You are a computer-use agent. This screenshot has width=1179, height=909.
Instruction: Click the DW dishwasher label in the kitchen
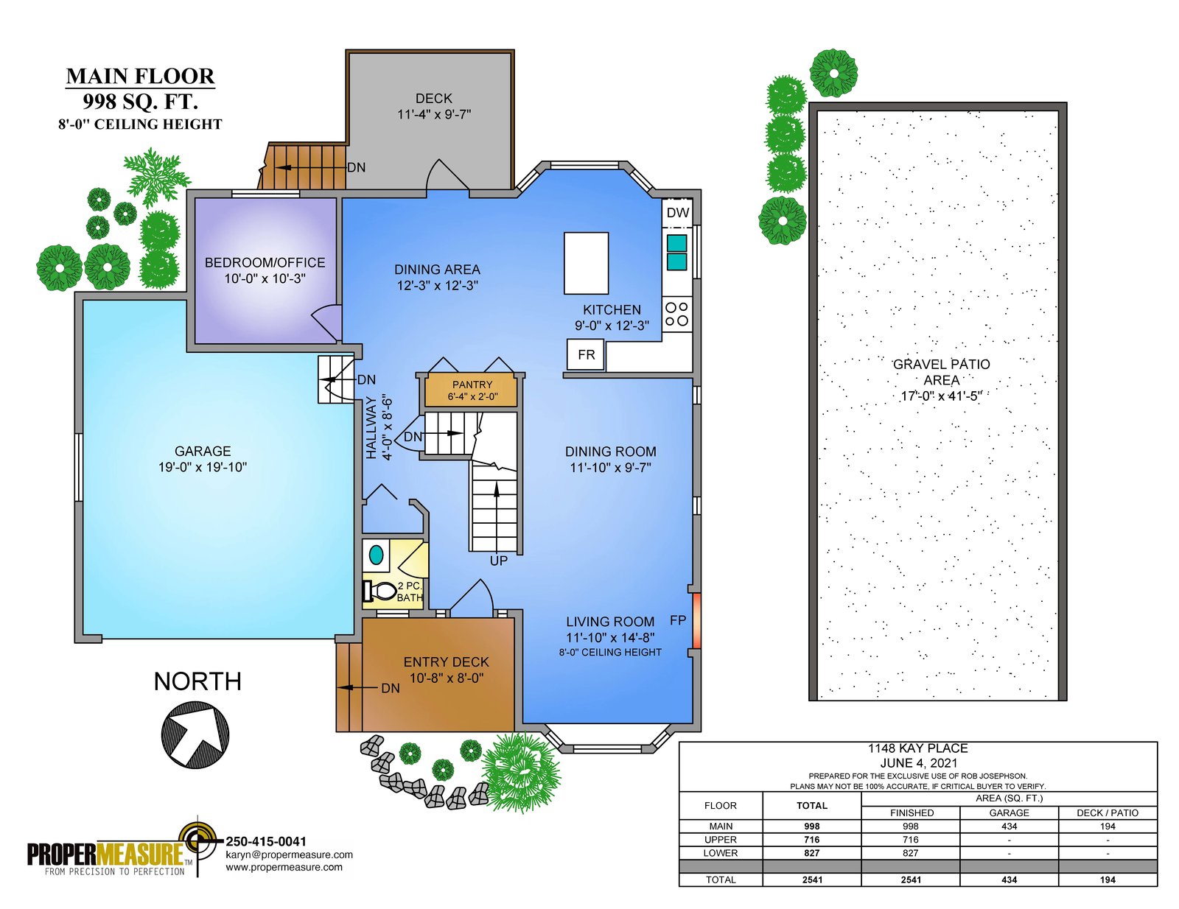678,213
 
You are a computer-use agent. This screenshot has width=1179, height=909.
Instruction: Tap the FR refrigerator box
585,355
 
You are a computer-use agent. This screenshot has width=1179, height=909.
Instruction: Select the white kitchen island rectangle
586,263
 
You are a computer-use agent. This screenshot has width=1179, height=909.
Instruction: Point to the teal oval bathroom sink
376,555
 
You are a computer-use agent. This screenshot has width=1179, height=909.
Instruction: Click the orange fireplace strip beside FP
696,621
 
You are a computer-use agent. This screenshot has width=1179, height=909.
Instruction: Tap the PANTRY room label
472,385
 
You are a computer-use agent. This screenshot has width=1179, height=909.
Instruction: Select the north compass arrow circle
195,735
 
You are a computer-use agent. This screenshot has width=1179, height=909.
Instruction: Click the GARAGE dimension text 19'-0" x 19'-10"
203,467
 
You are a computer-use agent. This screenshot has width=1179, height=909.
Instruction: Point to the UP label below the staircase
499,561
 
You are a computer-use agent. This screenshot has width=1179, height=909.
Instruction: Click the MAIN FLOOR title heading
141,77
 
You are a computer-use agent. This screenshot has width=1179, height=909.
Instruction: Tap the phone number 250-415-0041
266,841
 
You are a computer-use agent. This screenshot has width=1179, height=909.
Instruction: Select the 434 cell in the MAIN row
1010,826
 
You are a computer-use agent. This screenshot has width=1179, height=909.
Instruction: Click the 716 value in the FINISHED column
911,840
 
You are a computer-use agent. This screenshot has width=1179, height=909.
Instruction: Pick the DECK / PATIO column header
1108,813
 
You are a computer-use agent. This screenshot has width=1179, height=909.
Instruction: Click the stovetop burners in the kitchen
676,314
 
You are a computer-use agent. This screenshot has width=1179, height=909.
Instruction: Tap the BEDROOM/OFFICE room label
265,262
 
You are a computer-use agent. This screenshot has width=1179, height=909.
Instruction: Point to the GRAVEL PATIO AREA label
941,372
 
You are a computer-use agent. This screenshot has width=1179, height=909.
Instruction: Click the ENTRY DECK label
446,661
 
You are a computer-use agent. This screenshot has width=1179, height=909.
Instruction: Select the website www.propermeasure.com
284,867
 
